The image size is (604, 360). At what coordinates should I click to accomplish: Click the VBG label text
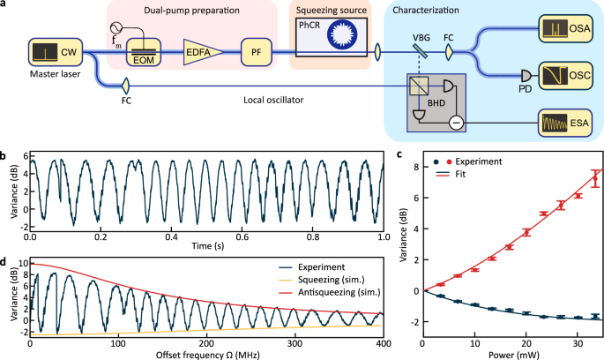(420, 38)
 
